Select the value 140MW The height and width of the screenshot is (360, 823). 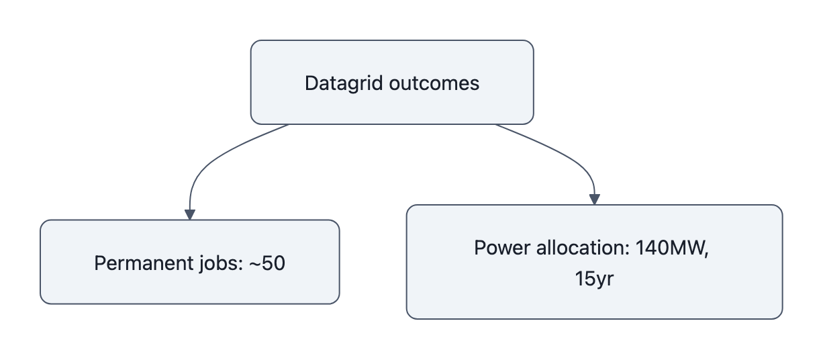667,248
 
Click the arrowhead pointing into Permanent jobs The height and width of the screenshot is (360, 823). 189,214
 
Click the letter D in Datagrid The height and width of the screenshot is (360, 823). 311,83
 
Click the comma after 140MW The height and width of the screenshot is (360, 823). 707,253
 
